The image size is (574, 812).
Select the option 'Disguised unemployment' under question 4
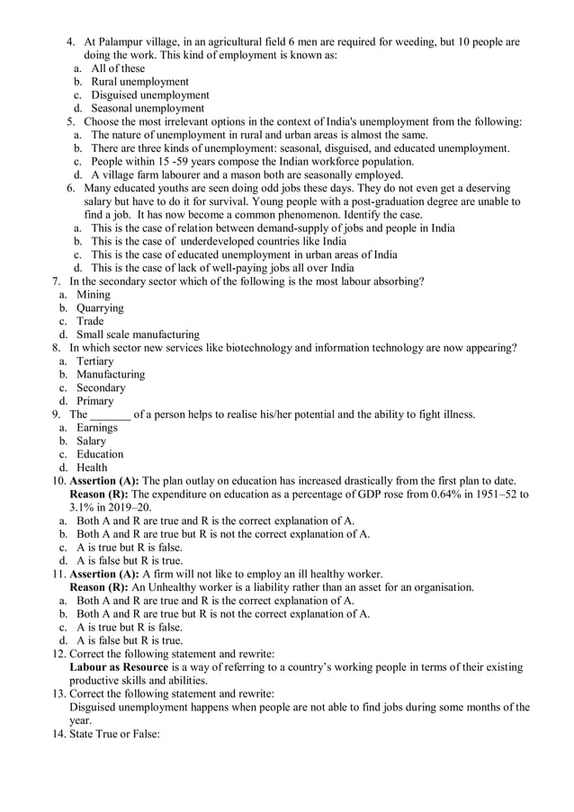tap(150, 95)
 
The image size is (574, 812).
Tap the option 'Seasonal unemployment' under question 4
tap(148, 109)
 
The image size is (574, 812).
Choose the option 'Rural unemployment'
tap(139, 82)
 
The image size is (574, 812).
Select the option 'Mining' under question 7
tap(94, 295)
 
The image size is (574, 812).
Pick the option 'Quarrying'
tap(100, 308)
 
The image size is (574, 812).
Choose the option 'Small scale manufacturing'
tap(138, 335)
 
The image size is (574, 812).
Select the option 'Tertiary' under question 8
tap(95, 361)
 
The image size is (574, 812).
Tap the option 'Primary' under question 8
tap(95, 401)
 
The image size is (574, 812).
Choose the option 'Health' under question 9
tap(92, 468)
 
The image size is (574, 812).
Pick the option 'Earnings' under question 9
tap(97, 428)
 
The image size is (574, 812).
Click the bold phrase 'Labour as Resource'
tap(119, 668)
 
